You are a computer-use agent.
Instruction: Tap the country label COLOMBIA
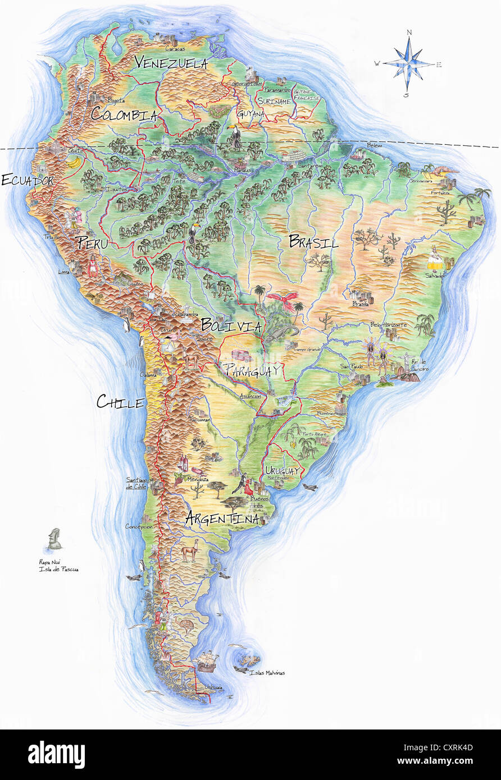(x=124, y=114)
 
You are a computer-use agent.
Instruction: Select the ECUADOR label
(x=27, y=180)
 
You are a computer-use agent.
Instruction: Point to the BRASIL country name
(x=313, y=242)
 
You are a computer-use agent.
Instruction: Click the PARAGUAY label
(x=252, y=370)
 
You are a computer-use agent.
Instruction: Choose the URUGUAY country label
(x=282, y=470)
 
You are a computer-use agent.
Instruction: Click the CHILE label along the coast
(x=120, y=401)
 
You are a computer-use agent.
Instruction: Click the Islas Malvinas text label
(x=267, y=673)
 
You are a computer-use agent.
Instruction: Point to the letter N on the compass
(x=409, y=33)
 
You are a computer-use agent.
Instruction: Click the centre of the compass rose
(x=409, y=64)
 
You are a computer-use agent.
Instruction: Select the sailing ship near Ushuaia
(x=206, y=660)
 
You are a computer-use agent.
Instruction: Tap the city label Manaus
(x=243, y=169)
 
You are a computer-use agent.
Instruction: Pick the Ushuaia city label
(x=213, y=687)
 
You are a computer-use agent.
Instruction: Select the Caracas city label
(x=175, y=49)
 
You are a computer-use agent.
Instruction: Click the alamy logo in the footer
(x=56, y=755)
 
